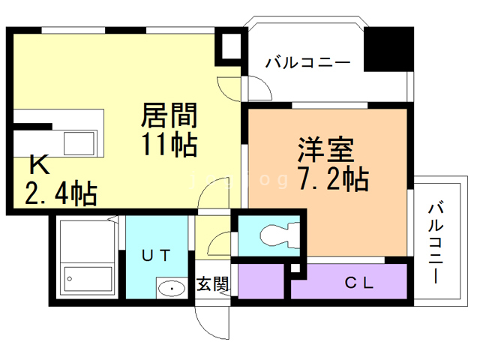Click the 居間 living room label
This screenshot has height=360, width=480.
(x=170, y=117)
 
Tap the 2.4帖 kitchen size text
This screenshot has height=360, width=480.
(x=61, y=194)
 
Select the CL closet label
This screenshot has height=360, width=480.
(x=359, y=283)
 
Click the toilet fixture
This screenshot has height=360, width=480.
(x=274, y=236)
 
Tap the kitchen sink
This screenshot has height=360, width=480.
(x=79, y=141)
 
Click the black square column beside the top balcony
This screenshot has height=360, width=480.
(x=389, y=48)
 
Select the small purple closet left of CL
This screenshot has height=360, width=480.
(x=260, y=282)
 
